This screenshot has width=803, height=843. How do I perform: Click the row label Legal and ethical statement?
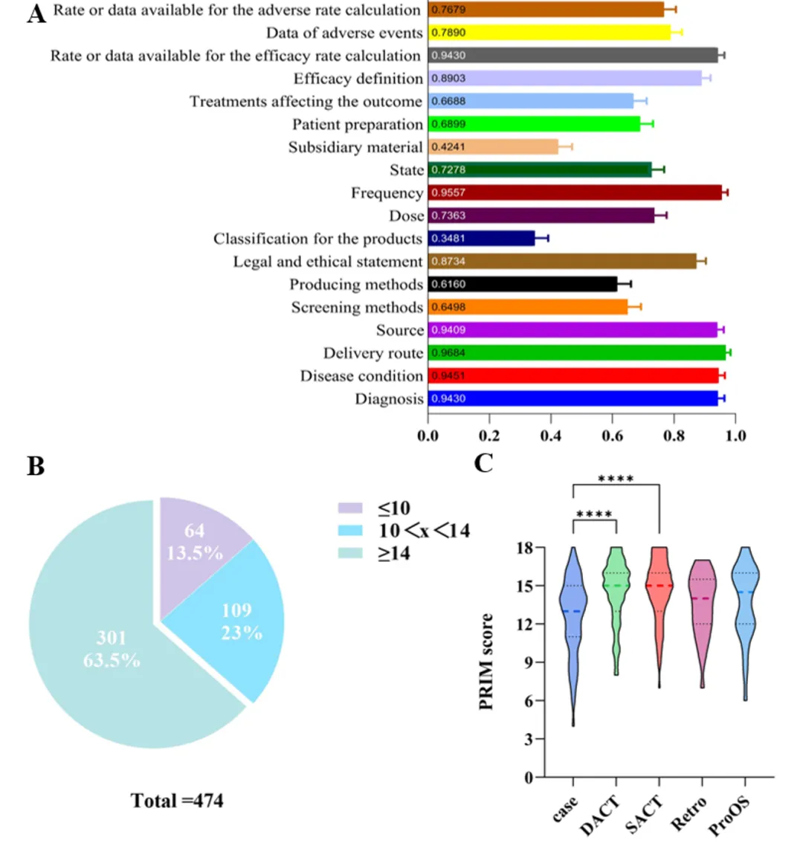click(327, 262)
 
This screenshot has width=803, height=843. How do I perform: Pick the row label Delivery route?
click(373, 353)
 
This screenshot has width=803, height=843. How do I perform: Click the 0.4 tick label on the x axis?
click(551, 436)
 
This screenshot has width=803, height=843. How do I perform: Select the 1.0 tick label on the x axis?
click(735, 436)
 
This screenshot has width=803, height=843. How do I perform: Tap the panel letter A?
click(36, 13)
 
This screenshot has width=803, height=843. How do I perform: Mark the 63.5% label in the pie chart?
click(112, 660)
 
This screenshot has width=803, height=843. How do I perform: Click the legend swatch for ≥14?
click(350, 554)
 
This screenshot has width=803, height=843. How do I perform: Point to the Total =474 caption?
click(177, 800)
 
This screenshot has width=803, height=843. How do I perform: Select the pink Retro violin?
click(701, 610)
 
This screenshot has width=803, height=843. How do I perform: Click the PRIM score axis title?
click(487, 662)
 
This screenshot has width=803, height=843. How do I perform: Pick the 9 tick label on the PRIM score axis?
click(529, 662)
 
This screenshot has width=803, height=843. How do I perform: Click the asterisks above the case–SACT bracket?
click(616, 479)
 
